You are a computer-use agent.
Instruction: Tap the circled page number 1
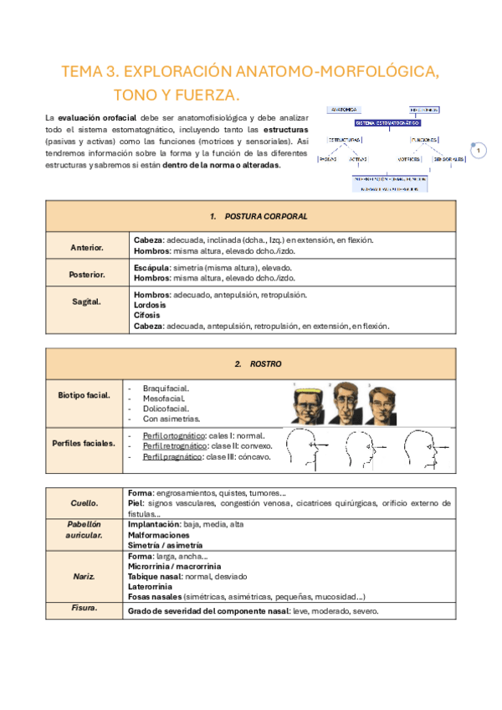pos(478,151)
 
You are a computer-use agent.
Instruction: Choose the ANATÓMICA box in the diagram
pos(344,110)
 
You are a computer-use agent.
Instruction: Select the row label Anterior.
pos(86,248)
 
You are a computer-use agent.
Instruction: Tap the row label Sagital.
pos(86,301)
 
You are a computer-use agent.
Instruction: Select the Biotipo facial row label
pos(84,394)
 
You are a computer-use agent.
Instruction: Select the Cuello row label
pos(84,503)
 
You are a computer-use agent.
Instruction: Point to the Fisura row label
pos(84,609)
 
